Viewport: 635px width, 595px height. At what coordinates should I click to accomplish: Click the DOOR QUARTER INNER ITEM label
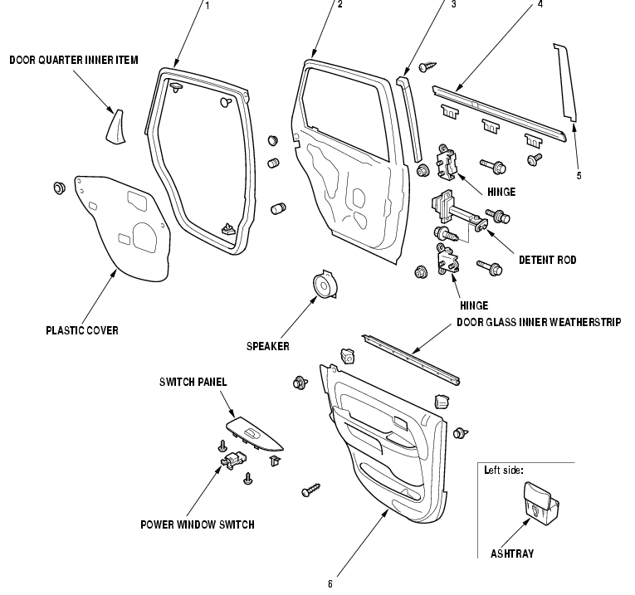(74, 60)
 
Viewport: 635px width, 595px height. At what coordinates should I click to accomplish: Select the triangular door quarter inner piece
(116, 126)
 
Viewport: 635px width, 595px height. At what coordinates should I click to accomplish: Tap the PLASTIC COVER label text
(82, 330)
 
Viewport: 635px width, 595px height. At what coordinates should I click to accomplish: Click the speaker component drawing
(325, 285)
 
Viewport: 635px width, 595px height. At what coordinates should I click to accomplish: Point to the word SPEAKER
(268, 347)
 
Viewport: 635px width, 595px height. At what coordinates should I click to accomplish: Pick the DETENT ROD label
(548, 260)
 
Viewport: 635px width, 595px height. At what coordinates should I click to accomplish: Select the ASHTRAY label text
(512, 554)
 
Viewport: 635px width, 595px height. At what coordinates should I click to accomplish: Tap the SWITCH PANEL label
(193, 382)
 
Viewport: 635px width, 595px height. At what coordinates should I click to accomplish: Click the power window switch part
(234, 461)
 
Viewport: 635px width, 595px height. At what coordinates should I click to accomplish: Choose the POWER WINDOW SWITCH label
(198, 524)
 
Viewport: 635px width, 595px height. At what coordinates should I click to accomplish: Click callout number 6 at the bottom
(330, 583)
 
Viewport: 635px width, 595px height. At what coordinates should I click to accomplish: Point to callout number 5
(579, 175)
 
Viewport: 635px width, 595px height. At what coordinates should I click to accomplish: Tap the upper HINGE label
(501, 192)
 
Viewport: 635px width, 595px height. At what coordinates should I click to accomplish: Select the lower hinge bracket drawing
(447, 259)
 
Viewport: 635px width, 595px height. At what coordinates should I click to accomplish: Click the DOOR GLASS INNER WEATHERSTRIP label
(539, 322)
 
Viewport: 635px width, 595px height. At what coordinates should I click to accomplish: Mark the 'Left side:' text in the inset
(504, 470)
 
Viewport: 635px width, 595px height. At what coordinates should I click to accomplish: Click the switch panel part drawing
(254, 434)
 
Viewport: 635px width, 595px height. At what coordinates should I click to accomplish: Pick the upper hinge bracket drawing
(447, 161)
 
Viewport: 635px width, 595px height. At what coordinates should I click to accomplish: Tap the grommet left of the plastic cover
(60, 188)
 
